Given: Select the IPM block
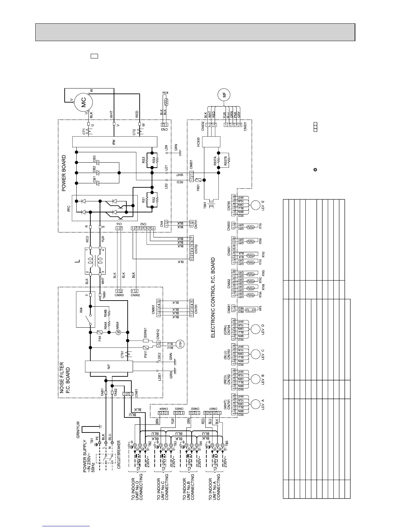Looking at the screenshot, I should coord(114,143).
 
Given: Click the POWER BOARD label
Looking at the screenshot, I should coord(64,173).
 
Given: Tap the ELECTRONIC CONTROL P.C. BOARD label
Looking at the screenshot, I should coord(213,297).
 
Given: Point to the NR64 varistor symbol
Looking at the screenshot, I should coord(118,333).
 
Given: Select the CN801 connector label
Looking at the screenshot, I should coord(191,165).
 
